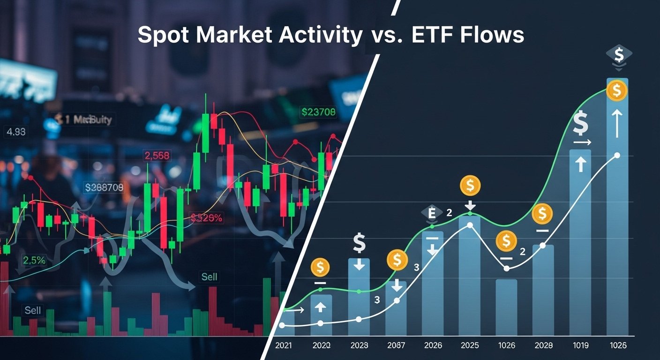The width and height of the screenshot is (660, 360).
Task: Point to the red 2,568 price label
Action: click(x=157, y=156)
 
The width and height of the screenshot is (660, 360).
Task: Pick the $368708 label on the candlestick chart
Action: click(x=104, y=188)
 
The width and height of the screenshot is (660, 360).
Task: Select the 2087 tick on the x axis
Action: click(x=397, y=345)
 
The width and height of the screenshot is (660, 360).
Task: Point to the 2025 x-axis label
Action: click(x=470, y=345)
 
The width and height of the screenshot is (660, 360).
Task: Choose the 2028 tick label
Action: click(x=543, y=345)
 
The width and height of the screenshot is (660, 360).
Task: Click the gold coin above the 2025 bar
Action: click(x=470, y=186)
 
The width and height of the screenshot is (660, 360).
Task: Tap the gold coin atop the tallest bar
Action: click(x=616, y=90)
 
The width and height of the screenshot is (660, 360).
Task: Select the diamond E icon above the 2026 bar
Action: click(x=432, y=213)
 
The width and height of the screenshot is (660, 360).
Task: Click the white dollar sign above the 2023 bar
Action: click(x=359, y=243)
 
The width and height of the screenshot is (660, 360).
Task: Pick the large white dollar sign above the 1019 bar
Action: click(x=581, y=124)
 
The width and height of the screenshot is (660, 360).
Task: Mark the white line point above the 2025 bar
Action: click(x=470, y=225)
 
